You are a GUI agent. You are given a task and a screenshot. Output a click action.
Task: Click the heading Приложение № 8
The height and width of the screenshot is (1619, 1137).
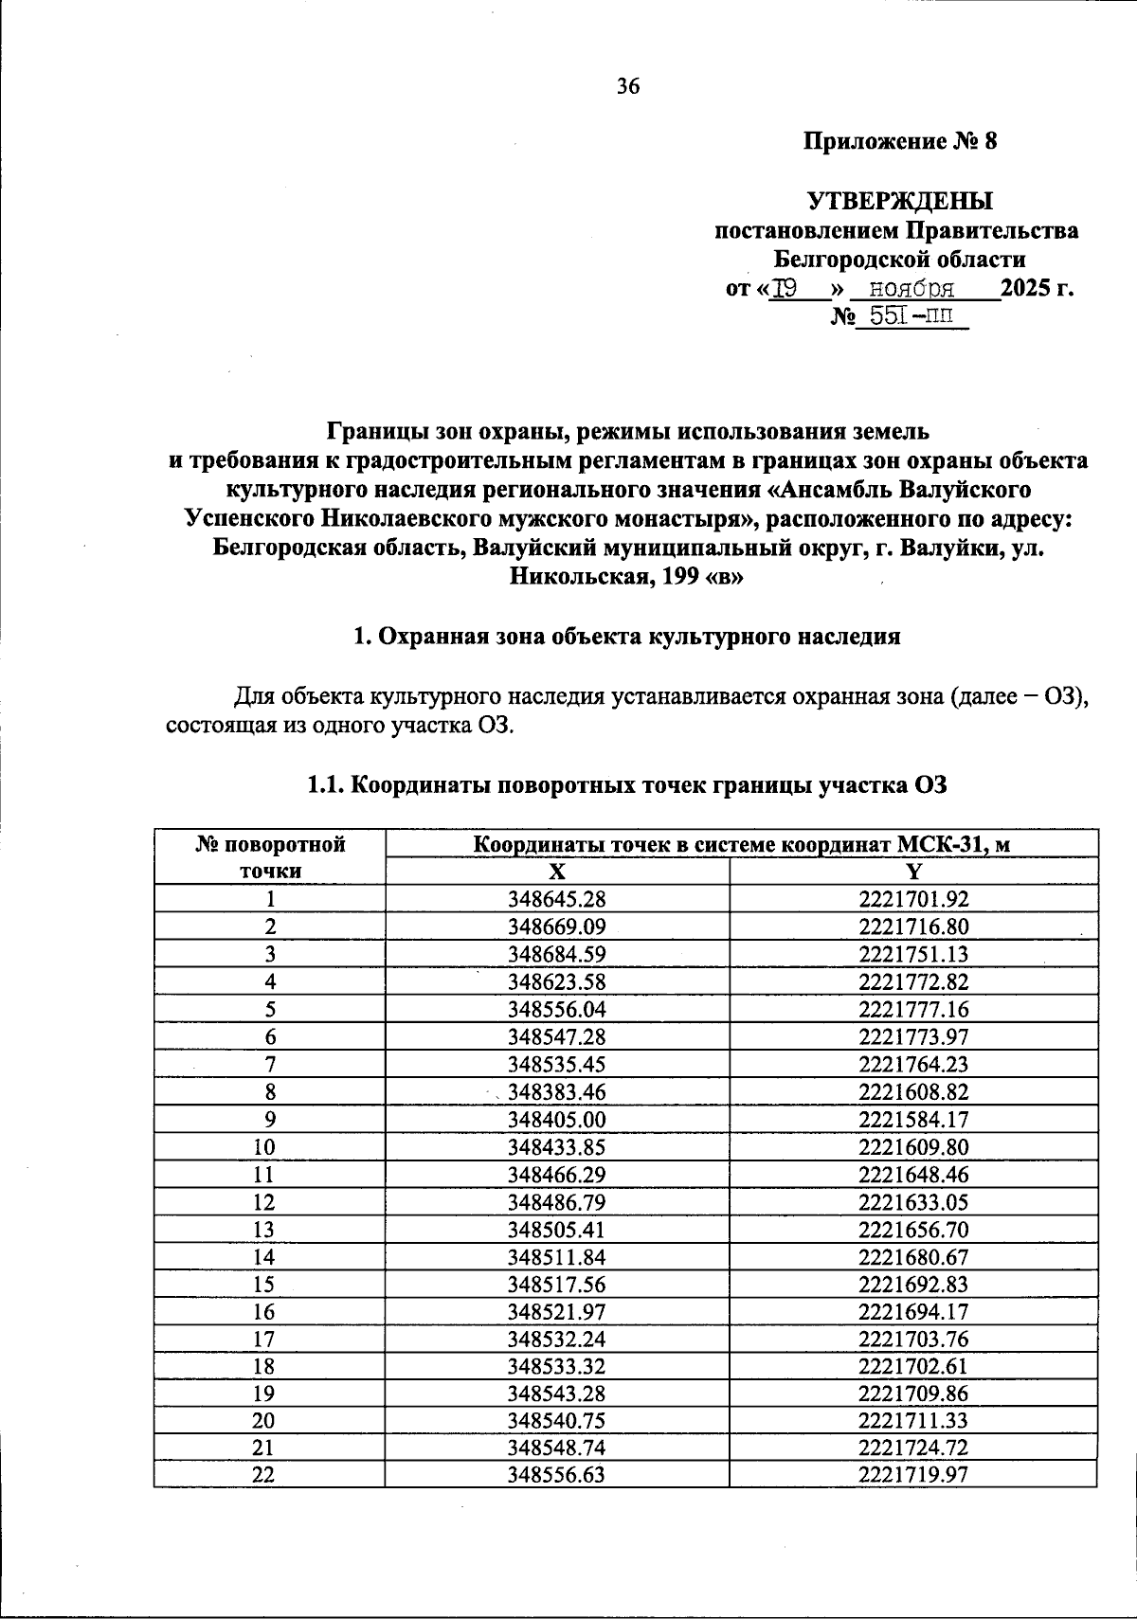(900, 142)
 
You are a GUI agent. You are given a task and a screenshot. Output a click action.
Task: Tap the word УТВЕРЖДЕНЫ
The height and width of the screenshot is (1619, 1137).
(899, 201)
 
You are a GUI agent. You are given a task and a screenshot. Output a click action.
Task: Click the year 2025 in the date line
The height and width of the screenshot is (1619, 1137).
(1027, 288)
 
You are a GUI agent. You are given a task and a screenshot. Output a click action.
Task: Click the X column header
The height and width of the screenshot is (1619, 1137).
(557, 872)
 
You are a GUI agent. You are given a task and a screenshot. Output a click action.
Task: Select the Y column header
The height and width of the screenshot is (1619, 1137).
(913, 872)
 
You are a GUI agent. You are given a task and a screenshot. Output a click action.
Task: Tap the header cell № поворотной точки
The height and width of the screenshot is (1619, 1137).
(270, 857)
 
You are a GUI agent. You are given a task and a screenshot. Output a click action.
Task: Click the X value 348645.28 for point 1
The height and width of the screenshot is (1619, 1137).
(557, 899)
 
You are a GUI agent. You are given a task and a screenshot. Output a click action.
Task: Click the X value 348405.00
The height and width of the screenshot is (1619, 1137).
(557, 1119)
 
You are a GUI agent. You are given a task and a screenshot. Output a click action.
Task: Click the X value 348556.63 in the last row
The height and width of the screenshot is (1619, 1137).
(557, 1475)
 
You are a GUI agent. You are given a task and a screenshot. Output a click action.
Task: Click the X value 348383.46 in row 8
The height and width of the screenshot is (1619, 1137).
(557, 1092)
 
